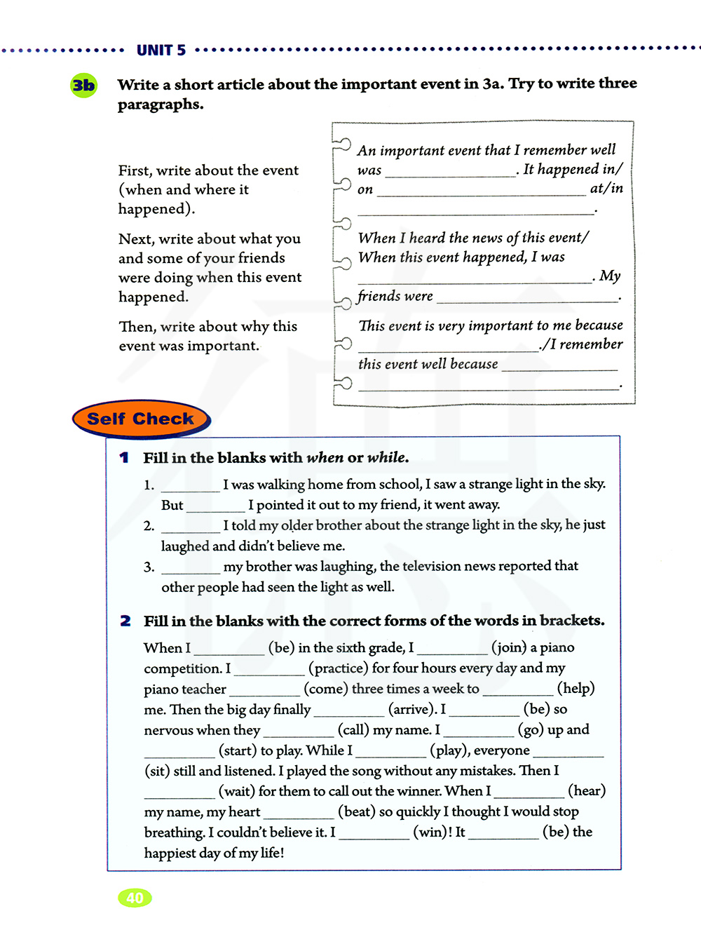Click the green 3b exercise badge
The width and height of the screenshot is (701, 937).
click(84, 86)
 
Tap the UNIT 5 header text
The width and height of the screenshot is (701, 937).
click(161, 50)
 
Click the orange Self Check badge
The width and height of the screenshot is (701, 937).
click(140, 419)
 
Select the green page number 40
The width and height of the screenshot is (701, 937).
click(135, 898)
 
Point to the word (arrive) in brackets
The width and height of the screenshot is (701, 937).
click(410, 709)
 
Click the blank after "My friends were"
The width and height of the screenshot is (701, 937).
click(526, 298)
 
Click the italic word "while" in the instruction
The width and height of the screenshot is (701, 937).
click(387, 457)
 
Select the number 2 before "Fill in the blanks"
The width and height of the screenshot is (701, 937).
click(125, 621)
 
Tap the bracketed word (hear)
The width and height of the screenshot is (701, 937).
click(587, 791)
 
